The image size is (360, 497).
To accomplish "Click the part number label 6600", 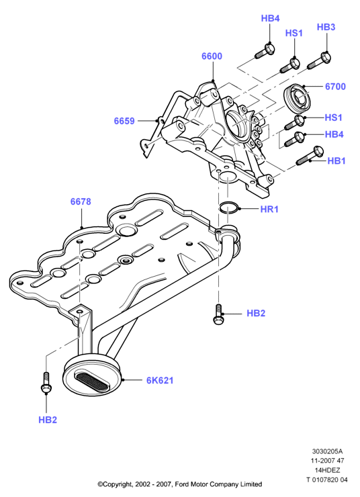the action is (212, 56).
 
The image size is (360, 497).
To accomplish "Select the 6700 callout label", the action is (335, 87).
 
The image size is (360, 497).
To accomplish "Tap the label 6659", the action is (124, 121).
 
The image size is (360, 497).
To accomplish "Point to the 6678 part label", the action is (81, 201).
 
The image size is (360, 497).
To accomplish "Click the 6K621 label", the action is (160, 380).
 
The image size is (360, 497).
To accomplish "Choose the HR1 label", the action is (269, 209).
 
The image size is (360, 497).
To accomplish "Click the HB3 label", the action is (326, 28).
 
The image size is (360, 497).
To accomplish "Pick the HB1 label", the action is (336, 161).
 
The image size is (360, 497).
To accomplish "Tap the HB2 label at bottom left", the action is (48, 420).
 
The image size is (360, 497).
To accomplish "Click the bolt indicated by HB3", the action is (320, 62).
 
